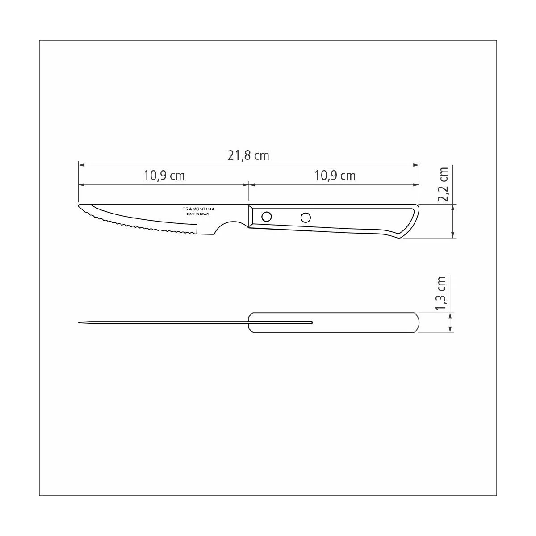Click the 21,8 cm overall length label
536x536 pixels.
(248, 155)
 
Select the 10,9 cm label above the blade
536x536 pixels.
(164, 176)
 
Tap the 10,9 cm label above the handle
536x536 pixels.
(335, 176)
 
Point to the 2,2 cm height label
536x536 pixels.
(443, 184)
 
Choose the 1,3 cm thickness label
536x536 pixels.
(441, 293)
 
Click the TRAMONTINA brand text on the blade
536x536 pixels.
(199, 209)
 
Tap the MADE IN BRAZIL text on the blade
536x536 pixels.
(199, 214)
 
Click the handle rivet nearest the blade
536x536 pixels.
(267, 216)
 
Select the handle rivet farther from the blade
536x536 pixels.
(306, 218)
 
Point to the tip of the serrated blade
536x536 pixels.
(79, 205)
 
